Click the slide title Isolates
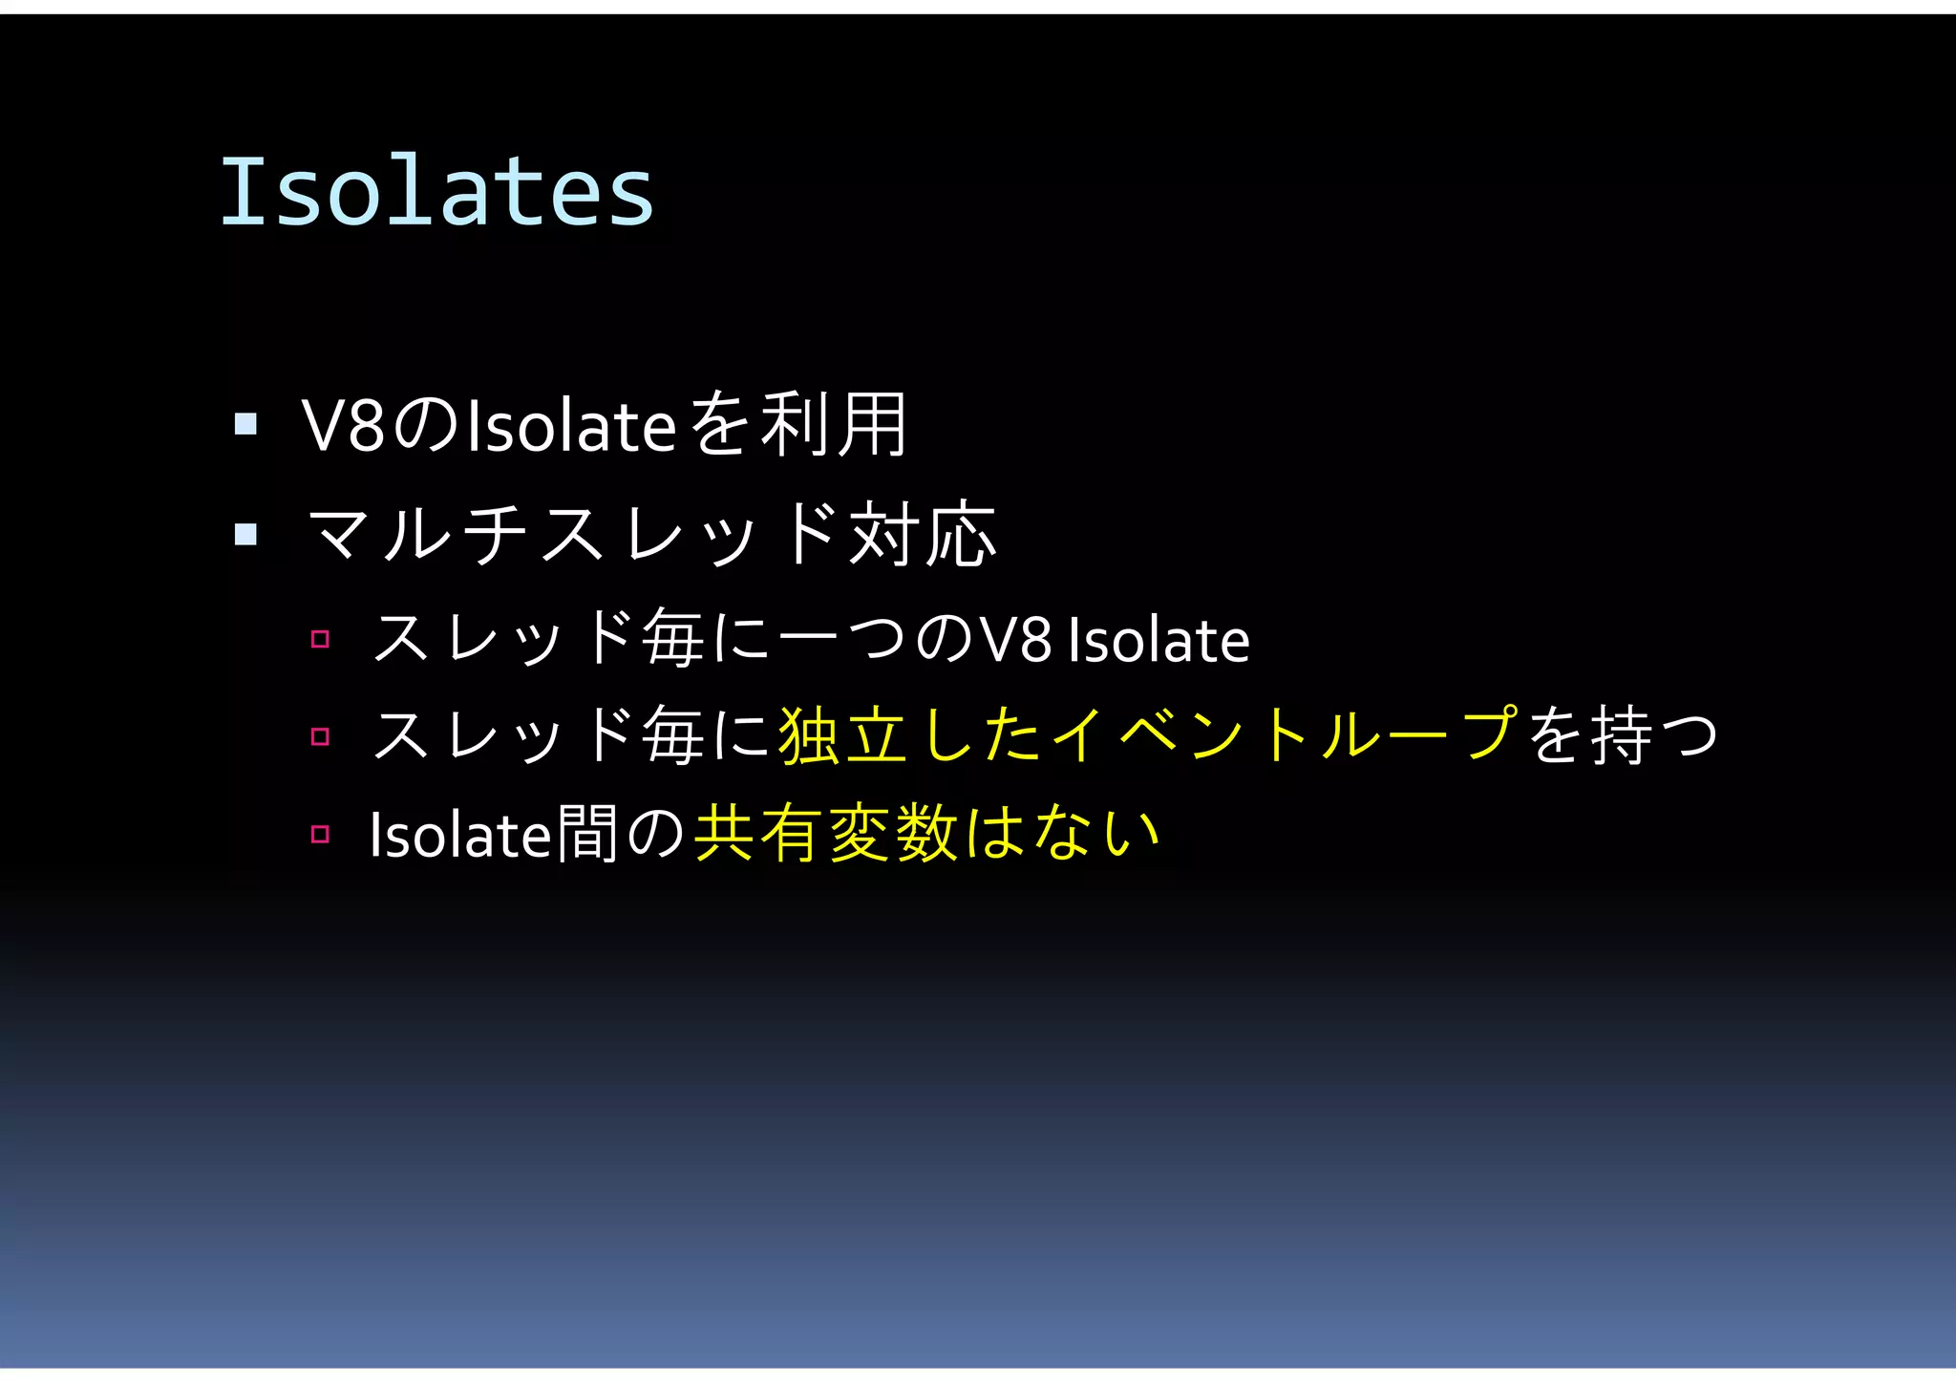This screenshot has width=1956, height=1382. (437, 192)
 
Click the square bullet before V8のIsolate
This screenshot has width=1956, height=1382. (245, 423)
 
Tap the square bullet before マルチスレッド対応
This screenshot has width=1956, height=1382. (245, 533)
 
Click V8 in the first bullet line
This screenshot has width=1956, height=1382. (343, 426)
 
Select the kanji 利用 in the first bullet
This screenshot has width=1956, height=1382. (833, 425)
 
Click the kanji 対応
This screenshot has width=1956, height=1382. (923, 534)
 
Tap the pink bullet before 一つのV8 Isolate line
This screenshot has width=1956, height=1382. (320, 639)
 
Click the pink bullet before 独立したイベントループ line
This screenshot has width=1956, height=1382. (320, 736)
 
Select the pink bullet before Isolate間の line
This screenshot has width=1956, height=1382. (320, 834)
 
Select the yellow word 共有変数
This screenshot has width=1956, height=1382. (825, 834)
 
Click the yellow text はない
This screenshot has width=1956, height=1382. (1061, 833)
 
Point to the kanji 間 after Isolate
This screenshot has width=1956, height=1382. (585, 834)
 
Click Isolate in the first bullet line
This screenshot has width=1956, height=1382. (571, 426)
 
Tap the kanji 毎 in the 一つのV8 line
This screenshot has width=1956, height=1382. (672, 638)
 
